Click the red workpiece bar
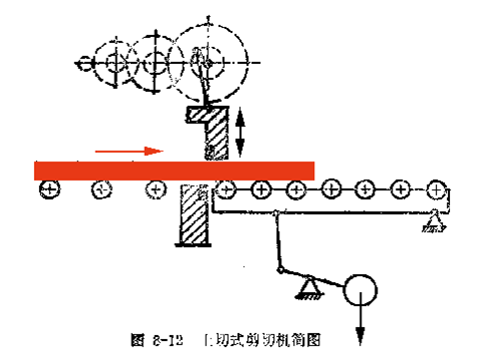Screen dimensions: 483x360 tap(175, 169)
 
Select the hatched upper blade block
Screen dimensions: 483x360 tap(211, 130)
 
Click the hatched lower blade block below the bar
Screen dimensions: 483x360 tap(193, 214)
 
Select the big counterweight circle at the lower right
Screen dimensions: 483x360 tap(360, 292)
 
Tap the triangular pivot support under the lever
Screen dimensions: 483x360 tap(305, 290)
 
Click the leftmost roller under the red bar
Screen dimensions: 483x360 tap(47, 188)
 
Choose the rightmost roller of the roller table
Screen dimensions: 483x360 tap(435, 187)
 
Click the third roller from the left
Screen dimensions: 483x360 tap(155, 188)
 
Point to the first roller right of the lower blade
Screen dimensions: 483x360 tap(226, 187)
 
